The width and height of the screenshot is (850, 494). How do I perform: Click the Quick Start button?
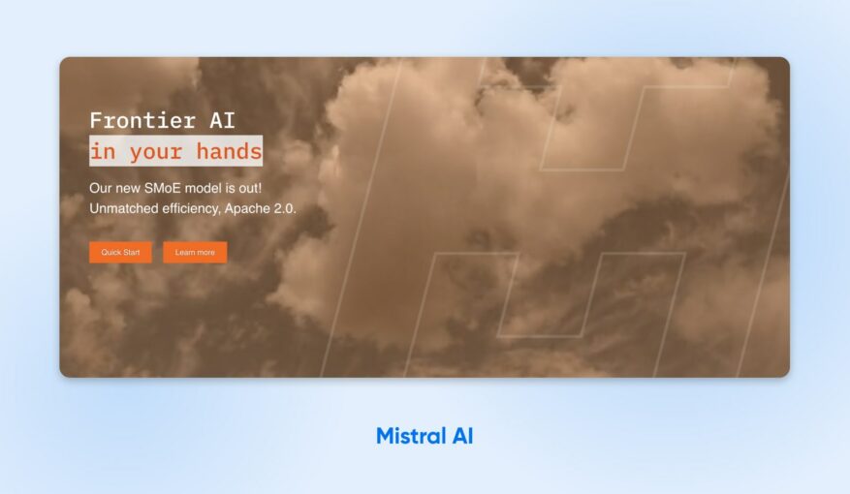(x=120, y=252)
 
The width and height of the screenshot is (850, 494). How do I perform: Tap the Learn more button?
(x=195, y=252)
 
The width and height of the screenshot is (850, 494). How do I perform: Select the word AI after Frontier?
(x=222, y=121)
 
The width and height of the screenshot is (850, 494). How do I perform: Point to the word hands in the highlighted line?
(x=229, y=151)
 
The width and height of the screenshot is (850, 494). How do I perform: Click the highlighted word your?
(x=156, y=151)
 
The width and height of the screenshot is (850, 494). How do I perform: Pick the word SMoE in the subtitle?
(x=164, y=187)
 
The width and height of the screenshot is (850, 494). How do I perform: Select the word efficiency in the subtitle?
(x=200, y=208)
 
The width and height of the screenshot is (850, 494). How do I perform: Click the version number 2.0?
(x=285, y=208)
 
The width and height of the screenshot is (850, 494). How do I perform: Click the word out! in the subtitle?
(x=248, y=187)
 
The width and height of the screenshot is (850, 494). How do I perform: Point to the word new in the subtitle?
(x=128, y=187)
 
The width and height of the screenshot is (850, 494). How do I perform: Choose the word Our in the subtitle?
(x=101, y=187)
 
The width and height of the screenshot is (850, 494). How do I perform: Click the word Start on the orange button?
(x=131, y=252)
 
